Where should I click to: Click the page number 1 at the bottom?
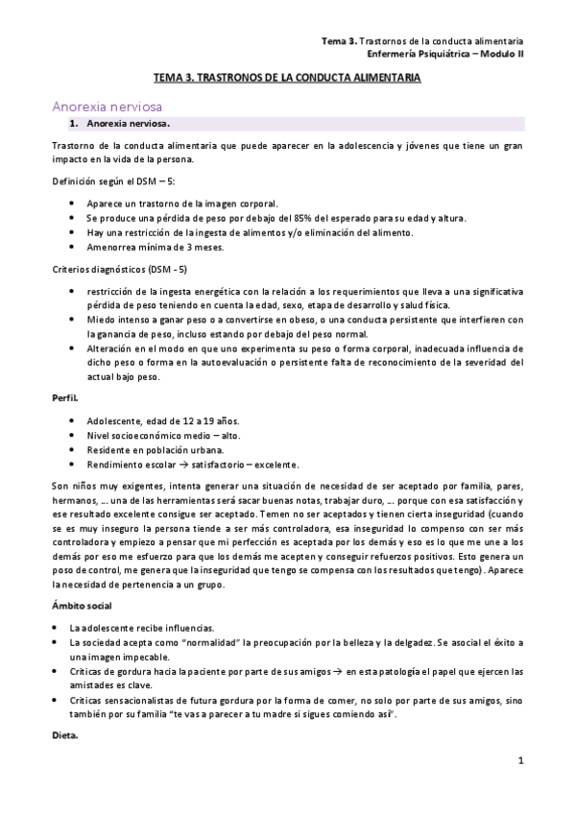coord(519,762)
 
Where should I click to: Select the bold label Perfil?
coord(66,397)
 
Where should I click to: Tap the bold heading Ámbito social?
coord(83,606)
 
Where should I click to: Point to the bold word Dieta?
coord(65,735)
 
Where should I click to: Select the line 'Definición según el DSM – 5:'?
coord(113,181)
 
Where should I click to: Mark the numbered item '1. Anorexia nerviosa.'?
coord(129,125)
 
